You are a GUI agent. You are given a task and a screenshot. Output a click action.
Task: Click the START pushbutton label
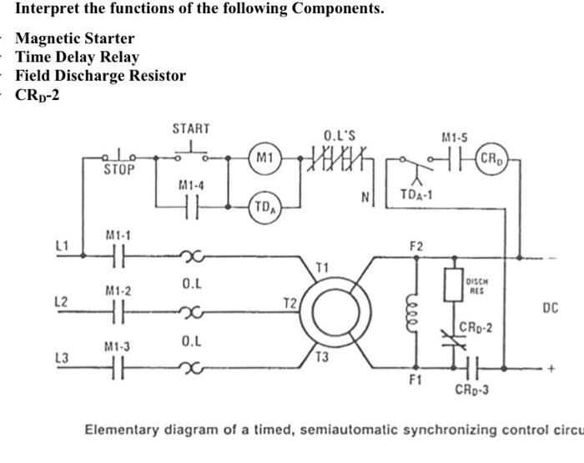tap(190, 128)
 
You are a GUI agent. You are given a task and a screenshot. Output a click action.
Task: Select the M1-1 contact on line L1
tap(118, 256)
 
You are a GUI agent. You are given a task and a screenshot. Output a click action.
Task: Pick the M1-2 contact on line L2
tap(118, 310)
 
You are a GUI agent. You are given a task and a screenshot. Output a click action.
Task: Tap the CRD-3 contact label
tap(472, 390)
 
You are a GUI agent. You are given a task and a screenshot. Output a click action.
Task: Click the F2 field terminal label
tap(415, 246)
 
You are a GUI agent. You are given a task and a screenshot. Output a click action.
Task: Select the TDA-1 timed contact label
tap(415, 196)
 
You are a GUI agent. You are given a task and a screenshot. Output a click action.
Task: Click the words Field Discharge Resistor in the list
tap(100, 76)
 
